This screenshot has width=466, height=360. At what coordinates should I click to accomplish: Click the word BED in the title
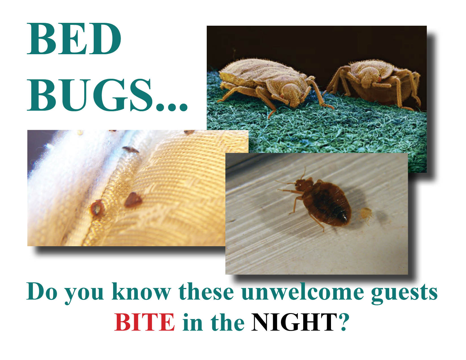point(74,39)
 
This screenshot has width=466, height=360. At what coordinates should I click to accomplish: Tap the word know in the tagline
point(141,292)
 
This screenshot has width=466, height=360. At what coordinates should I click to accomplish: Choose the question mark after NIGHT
point(343,322)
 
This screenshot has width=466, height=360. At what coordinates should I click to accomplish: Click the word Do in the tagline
point(42,292)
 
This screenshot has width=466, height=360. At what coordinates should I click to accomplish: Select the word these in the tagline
point(206,292)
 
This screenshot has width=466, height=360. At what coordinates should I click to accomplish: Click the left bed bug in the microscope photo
point(272,85)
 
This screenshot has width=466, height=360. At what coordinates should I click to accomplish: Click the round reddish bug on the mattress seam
point(97,207)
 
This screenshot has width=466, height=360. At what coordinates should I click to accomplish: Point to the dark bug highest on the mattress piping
point(130,149)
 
